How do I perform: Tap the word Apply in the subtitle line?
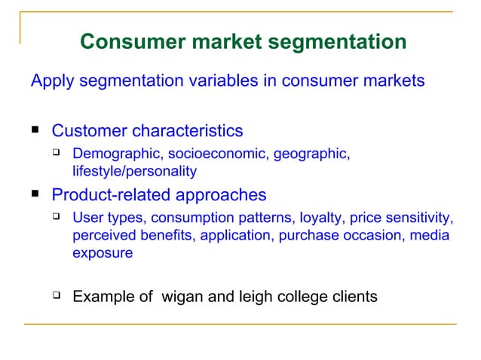click(x=51, y=81)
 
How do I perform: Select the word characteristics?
click(x=188, y=131)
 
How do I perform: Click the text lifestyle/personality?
click(x=134, y=171)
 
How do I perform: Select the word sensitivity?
click(x=418, y=219)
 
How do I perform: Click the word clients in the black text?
click(x=353, y=297)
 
